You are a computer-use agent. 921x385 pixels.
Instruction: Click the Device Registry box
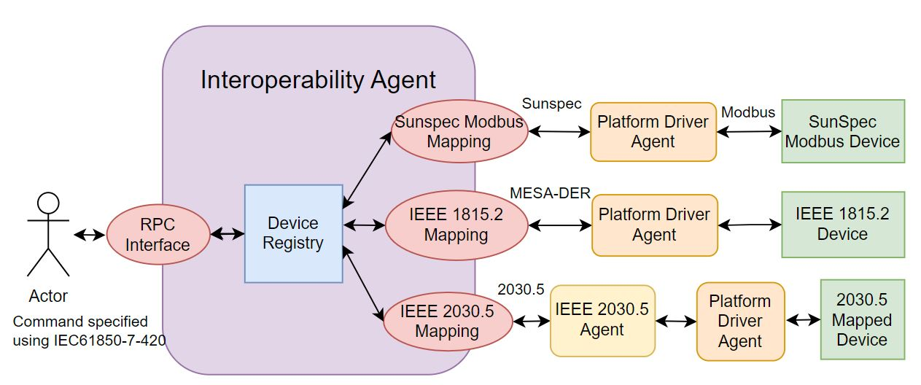coord(294,233)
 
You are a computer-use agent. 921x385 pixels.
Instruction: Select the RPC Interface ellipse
coord(158,235)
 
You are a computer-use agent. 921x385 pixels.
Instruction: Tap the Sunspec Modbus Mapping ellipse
coord(459,131)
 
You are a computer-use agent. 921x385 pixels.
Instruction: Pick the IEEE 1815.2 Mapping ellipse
coord(456,225)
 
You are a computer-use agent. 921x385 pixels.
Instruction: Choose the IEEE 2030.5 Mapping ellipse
coord(448,322)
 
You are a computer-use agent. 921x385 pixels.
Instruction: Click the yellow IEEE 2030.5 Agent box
coord(602,320)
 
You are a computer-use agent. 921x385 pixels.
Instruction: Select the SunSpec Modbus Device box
coord(843,131)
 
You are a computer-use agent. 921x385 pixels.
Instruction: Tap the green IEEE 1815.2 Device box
coord(843,225)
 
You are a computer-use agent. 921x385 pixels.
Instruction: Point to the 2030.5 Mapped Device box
coord(862,319)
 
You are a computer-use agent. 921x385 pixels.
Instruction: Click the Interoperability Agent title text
coord(318,79)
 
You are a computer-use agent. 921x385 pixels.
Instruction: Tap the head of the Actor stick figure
coord(48,203)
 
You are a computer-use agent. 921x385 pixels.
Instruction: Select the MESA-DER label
coord(550,193)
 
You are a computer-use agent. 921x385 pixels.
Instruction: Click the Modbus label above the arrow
coord(748,112)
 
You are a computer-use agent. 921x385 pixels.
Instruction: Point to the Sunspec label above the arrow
coord(551,104)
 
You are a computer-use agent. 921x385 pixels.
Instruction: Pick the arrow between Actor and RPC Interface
coord(90,235)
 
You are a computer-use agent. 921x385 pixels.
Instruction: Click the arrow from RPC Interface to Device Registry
coord(228,234)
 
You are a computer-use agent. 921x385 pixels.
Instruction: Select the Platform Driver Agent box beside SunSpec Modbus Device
coord(653,132)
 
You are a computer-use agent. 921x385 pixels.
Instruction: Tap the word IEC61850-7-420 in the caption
coord(109,341)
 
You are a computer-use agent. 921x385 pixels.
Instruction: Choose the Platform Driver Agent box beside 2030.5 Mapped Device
coord(740,322)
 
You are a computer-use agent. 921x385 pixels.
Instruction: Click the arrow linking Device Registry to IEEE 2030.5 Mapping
coord(363,284)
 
